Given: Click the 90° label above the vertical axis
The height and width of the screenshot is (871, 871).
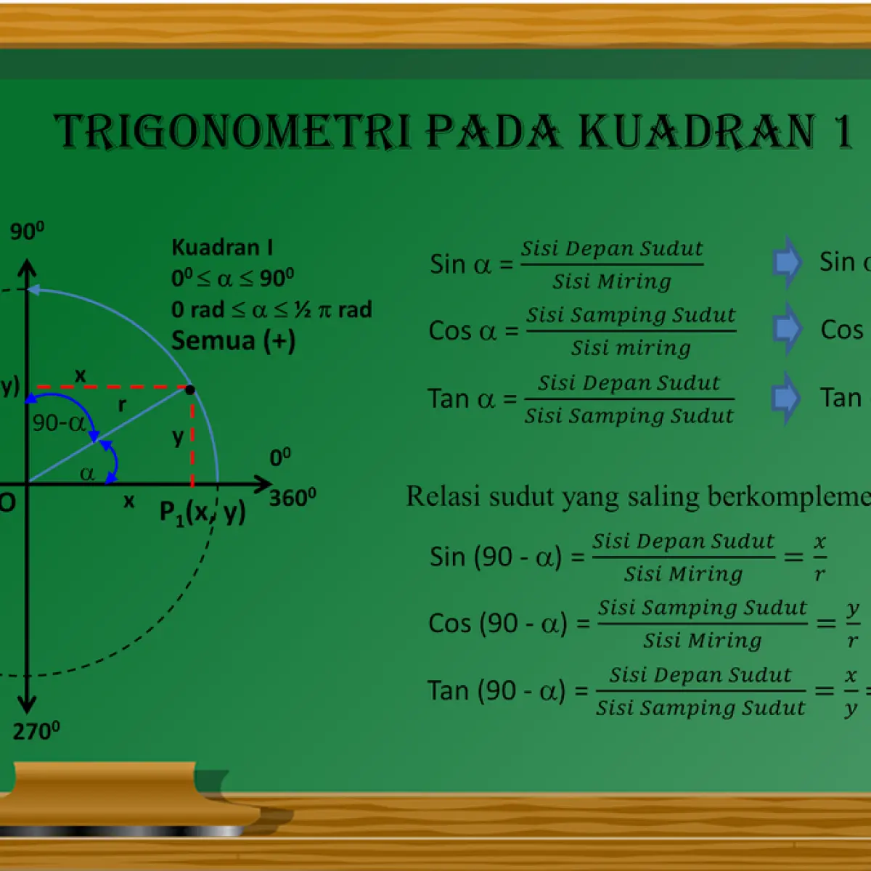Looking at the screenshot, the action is pyautogui.click(x=28, y=231).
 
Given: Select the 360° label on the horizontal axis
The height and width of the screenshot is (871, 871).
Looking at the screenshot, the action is pyautogui.click(x=293, y=497).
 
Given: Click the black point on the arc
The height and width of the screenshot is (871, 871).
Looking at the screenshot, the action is pyautogui.click(x=190, y=389).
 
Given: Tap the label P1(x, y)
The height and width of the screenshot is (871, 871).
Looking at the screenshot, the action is pyautogui.click(x=203, y=512).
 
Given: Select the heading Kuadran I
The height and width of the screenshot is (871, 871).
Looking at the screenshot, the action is pyautogui.click(x=222, y=248).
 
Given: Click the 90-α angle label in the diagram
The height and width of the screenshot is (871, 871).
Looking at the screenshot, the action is pyautogui.click(x=59, y=423).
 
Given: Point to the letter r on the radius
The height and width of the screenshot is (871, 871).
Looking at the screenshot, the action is pyautogui.click(x=122, y=405).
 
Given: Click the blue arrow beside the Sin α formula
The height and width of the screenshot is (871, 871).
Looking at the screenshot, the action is pyautogui.click(x=787, y=262).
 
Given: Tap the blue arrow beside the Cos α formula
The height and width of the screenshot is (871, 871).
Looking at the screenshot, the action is pyautogui.click(x=787, y=329).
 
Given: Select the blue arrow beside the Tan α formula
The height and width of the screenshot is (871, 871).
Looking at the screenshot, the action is pyautogui.click(x=786, y=397).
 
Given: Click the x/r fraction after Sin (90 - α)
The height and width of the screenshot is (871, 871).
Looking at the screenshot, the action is pyautogui.click(x=820, y=557).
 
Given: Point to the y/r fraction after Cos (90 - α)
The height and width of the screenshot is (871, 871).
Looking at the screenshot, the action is pyautogui.click(x=852, y=623).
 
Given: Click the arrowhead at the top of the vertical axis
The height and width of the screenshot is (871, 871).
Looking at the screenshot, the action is pyautogui.click(x=27, y=266).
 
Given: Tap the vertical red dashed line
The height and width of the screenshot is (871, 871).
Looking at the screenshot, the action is pyautogui.click(x=192, y=438).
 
